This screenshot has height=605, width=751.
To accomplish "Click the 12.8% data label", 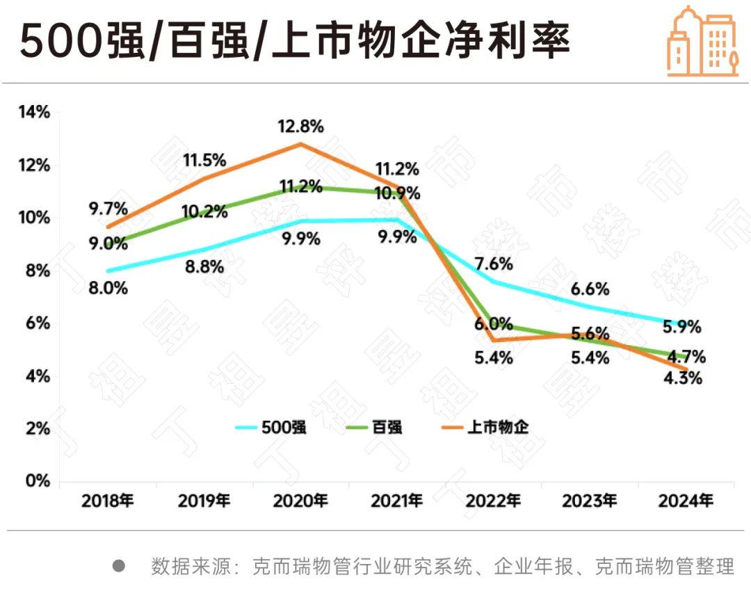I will click(301, 127).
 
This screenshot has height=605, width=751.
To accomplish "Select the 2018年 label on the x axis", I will click(108, 501).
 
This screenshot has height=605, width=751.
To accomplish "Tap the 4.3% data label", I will click(684, 379).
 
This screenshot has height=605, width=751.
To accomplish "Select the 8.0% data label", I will click(107, 288).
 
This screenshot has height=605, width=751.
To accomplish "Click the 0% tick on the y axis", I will click(38, 481).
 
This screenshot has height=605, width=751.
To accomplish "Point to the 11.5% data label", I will click(204, 160).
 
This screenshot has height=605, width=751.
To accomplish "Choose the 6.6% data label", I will click(590, 289).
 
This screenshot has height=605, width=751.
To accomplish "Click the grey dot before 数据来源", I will click(119, 566).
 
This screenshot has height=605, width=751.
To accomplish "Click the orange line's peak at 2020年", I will click(301, 144).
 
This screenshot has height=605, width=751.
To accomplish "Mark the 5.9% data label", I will click(681, 326).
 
